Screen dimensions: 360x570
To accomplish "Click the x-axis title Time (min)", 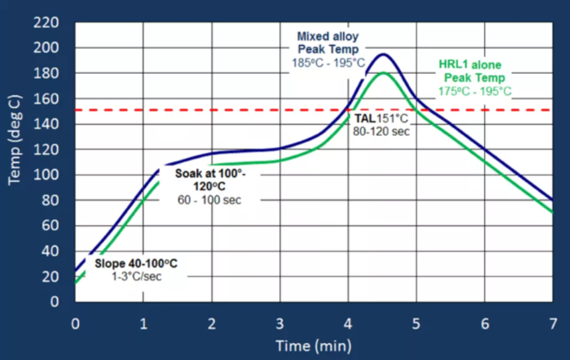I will (x=313, y=346).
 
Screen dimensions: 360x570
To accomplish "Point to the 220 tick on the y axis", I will (x=48, y=22).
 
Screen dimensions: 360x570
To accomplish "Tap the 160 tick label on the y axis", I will (x=48, y=98).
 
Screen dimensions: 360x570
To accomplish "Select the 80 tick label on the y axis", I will (x=51, y=200).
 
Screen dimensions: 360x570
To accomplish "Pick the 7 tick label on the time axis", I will (x=552, y=323).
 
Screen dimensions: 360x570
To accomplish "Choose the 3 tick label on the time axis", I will (x=279, y=323).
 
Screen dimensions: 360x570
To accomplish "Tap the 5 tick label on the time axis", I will (x=415, y=323).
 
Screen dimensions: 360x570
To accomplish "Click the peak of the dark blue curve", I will (x=384, y=55).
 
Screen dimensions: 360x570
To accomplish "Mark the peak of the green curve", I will (x=384, y=73).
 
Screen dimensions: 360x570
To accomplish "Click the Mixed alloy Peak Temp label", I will (x=329, y=43).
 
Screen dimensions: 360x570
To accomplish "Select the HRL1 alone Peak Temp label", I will (x=472, y=71).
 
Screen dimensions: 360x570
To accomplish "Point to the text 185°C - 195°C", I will (x=329, y=64).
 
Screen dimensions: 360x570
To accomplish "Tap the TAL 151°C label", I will (x=379, y=120).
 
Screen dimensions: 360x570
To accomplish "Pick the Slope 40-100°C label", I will (x=131, y=264).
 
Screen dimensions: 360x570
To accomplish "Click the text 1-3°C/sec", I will (x=131, y=278).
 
